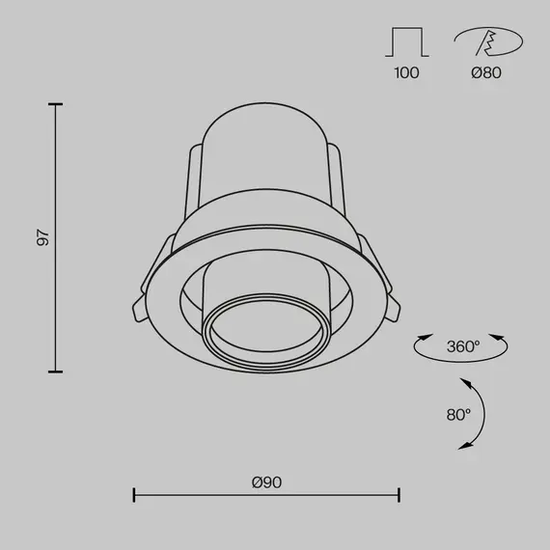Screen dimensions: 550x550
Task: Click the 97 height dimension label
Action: pos(42,237)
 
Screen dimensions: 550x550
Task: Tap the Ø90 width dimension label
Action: pos(266,481)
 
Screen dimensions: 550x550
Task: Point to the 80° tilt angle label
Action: pos(458,415)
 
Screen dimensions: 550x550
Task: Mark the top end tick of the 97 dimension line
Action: pos(55,103)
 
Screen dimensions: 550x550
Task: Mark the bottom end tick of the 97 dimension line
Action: pos(55,371)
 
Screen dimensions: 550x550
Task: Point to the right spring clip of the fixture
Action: pos(390,294)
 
